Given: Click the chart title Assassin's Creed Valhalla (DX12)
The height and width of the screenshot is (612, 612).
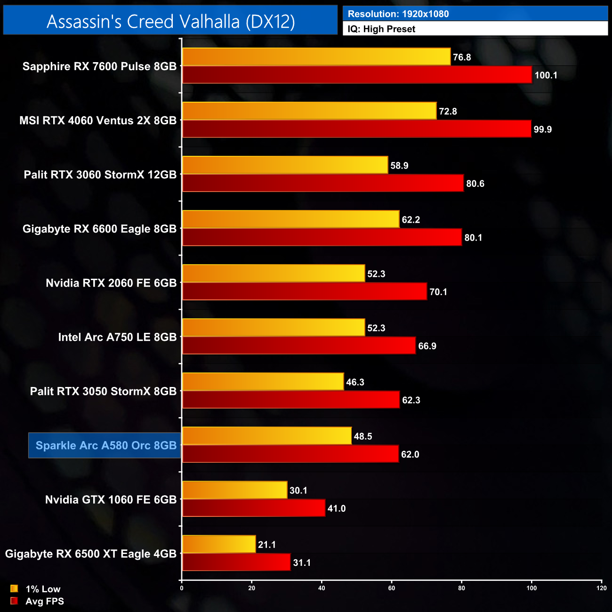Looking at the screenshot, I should coord(170,22).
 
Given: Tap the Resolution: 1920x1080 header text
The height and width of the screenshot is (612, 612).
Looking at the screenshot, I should coord(398,14).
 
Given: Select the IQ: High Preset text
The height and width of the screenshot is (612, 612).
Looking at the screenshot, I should coord(381,29).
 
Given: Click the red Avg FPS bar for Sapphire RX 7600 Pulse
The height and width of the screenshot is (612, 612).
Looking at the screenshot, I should coord(357,75).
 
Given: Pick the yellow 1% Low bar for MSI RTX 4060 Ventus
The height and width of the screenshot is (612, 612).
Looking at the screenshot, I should coord(309,111).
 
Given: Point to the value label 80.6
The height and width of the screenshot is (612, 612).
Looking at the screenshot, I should coord(475,184).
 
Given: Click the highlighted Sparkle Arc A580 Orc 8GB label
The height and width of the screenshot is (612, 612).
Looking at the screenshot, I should coord(105,445).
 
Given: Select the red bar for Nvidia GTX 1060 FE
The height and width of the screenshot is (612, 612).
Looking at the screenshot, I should coord(254,508).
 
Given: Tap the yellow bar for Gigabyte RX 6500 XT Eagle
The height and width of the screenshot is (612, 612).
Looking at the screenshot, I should coord(219,545).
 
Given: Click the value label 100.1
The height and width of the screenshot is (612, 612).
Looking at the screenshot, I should coord(546,75).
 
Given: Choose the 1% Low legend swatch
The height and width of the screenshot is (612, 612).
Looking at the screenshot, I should coord(14,588).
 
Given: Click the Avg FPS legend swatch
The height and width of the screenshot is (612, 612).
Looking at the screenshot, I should coord(14,601).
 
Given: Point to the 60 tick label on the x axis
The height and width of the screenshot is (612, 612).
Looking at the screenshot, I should coord(392,588).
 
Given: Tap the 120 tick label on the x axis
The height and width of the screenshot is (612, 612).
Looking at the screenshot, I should coord(601,588).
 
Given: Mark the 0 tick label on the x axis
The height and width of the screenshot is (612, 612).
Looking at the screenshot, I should coord(182,588).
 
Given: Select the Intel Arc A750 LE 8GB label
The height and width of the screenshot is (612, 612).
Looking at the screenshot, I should coord(117,337).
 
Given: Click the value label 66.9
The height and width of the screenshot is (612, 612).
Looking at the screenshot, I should coord(427,346).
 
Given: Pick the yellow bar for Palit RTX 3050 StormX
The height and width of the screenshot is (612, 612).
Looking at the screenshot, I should coord(263,382).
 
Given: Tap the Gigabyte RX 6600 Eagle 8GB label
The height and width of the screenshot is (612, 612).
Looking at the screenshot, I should coord(99,229).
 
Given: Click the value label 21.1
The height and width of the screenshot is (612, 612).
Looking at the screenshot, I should coord(267,545).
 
